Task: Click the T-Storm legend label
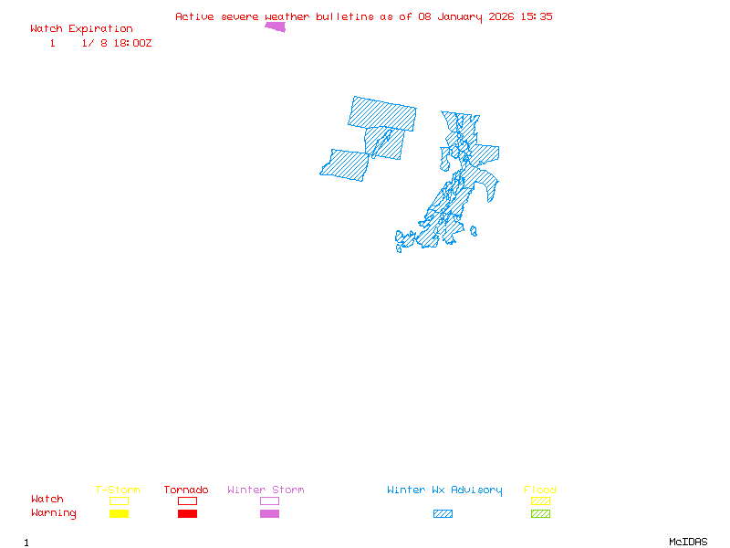[x=118, y=490]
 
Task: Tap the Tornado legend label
[x=186, y=490]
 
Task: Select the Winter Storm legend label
[x=266, y=490]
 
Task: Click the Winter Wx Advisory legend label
[x=444, y=490]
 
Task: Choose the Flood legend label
[x=540, y=490]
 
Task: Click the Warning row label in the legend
[x=54, y=513]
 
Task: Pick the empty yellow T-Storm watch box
[x=119, y=501]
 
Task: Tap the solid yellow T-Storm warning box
[x=119, y=514]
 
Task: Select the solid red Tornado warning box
[x=187, y=514]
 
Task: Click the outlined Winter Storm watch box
[x=269, y=501]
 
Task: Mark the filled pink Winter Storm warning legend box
[x=269, y=514]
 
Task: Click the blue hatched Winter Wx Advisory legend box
[x=443, y=514]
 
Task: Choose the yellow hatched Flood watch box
[x=540, y=501]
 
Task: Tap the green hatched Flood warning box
[x=540, y=514]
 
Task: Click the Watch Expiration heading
[x=81, y=29]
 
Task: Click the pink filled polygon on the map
[x=276, y=26]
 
